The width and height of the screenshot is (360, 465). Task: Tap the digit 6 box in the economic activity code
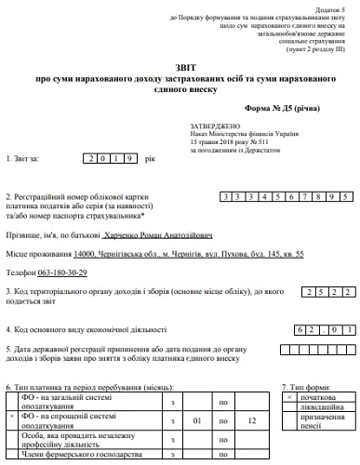tap(294, 328)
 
